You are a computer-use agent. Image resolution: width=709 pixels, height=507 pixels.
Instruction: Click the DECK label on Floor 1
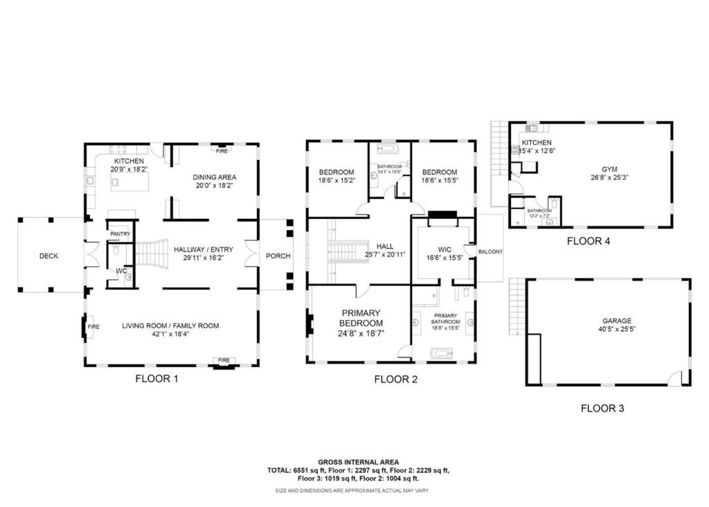point(48,256)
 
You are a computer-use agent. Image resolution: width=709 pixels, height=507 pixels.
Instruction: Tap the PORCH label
point(278,256)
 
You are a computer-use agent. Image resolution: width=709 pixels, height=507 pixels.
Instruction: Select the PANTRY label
point(120,234)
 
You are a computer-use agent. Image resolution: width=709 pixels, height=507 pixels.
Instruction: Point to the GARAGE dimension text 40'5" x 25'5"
point(616,330)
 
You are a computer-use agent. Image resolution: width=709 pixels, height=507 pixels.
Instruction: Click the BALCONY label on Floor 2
point(490,251)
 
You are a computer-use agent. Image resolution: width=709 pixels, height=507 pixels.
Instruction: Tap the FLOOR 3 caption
point(602,409)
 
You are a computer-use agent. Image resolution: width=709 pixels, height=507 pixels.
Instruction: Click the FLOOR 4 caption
point(588,242)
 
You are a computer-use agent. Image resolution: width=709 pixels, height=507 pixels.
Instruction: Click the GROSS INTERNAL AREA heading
point(358,462)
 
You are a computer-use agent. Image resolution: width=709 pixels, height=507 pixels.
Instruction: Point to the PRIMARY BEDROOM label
point(361,319)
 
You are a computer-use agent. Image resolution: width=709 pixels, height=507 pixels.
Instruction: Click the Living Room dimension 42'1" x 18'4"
point(170,334)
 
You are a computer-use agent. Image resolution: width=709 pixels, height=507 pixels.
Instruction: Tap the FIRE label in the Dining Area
point(222,150)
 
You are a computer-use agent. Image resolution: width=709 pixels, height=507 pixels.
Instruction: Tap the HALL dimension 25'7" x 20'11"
point(385,255)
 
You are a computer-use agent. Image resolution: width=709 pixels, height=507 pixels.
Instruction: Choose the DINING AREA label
point(214,177)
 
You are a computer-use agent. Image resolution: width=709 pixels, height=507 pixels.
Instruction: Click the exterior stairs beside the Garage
point(514,305)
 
